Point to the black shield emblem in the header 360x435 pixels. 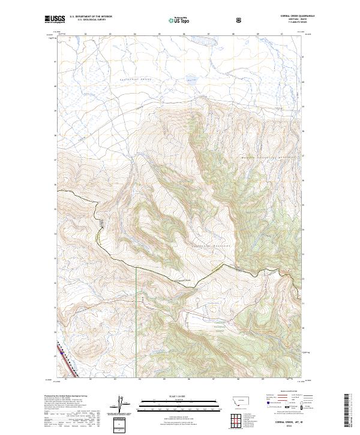click(x=239, y=20)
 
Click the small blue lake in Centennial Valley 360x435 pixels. click(x=191, y=79)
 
